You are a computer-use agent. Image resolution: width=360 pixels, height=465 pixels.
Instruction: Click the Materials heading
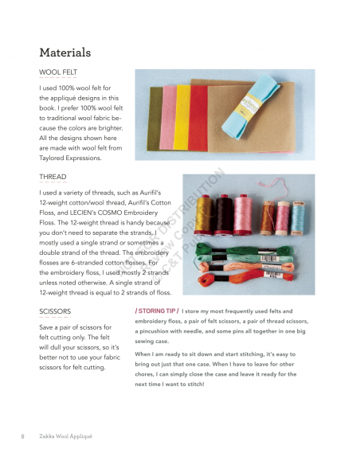pos(65,53)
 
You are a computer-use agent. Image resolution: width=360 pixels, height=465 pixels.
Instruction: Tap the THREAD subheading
pos(53,177)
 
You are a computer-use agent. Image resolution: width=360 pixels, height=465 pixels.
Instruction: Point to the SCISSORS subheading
pos(55,311)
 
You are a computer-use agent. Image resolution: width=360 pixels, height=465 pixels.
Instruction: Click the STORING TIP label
pos(156,311)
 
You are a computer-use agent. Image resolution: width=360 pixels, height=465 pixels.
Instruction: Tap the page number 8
pos(22,436)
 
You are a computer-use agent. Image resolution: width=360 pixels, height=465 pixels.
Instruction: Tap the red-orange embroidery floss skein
pos(239,282)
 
